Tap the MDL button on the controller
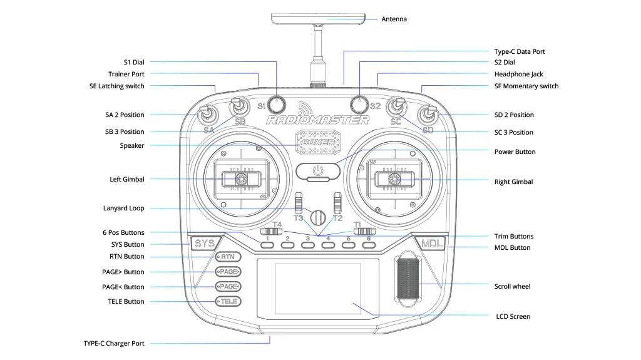coord(432,244)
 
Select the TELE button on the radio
coord(228,301)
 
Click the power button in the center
coord(318,170)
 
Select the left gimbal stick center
coord(240,180)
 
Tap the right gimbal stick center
coord(395,180)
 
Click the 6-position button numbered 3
coord(307,245)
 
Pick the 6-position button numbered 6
coord(369,245)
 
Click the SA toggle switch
coord(206,115)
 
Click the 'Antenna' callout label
coord(394,19)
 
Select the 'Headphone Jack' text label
coord(518,74)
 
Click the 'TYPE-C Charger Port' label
coord(114,343)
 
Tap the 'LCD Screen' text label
coord(513,316)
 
